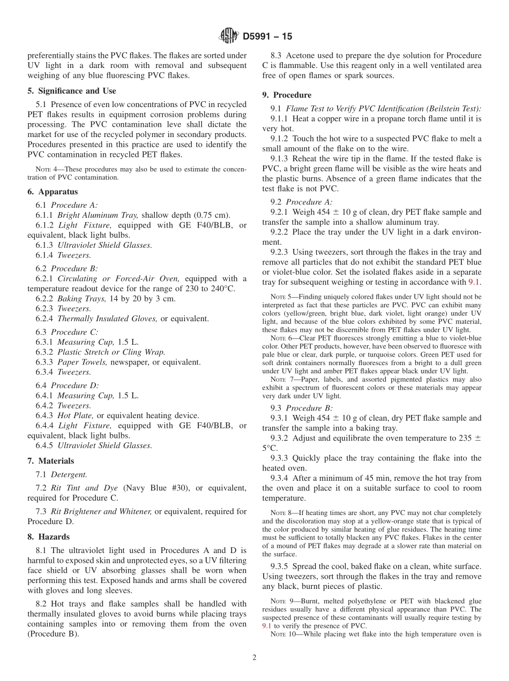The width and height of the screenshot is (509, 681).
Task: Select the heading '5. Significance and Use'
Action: click(x=71, y=91)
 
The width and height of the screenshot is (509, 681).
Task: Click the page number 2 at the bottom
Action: click(x=254, y=657)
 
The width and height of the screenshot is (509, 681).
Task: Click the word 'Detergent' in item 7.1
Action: click(x=69, y=474)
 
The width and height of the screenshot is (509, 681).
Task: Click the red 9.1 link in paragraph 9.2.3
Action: click(x=474, y=282)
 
